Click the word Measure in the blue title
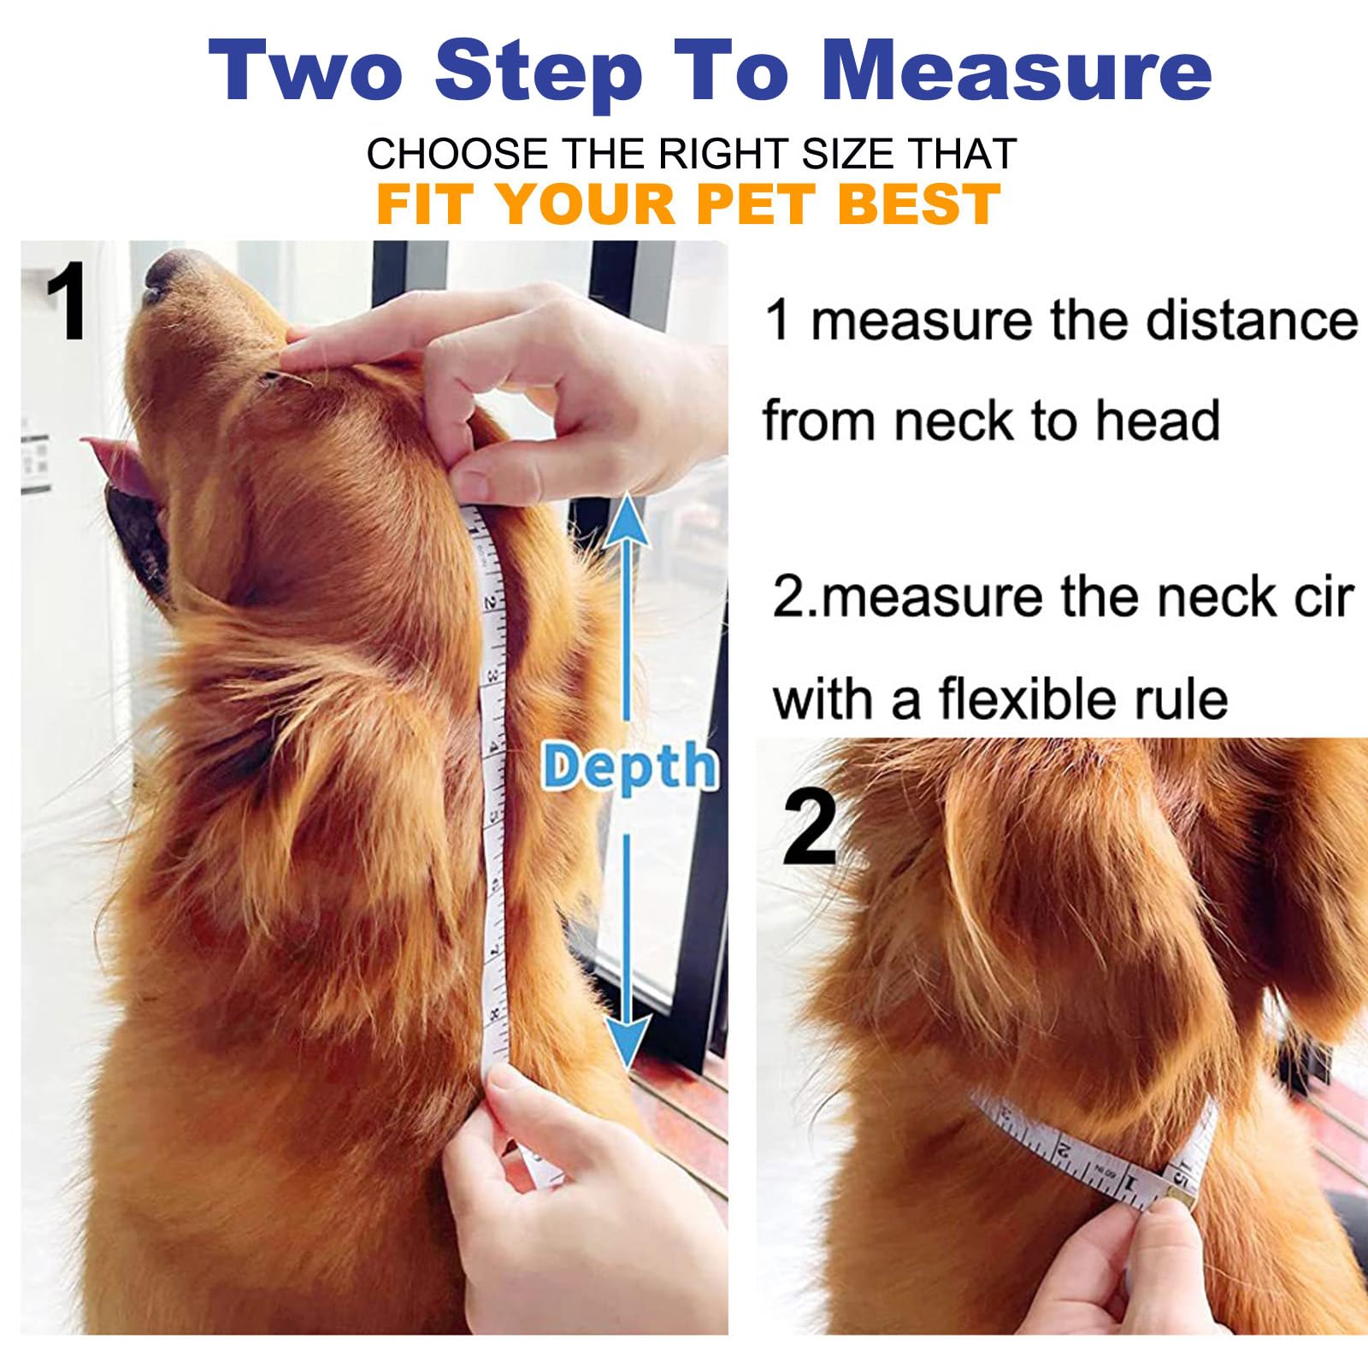click(x=1016, y=72)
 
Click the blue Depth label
click(x=628, y=767)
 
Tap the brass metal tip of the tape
click(x=1179, y=1193)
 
